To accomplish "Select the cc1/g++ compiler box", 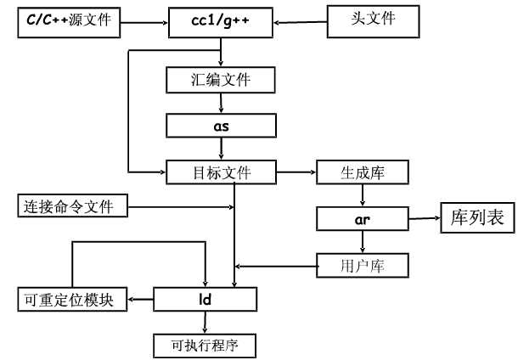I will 221,21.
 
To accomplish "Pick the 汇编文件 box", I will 221,81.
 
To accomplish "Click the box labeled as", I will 221,126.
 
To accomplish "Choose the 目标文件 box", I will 221,172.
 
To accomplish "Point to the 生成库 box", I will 363,172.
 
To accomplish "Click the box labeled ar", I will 363,219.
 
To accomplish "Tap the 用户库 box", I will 363,266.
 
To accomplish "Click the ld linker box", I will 204,299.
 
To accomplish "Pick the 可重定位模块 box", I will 72,300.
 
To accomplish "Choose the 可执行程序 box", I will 204,345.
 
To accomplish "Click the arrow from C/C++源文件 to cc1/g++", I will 145,21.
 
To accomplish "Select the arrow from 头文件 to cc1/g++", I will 301,21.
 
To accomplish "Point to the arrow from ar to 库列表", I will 422,219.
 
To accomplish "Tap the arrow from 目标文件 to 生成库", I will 296,172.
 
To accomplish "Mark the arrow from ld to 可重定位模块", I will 140,300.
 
